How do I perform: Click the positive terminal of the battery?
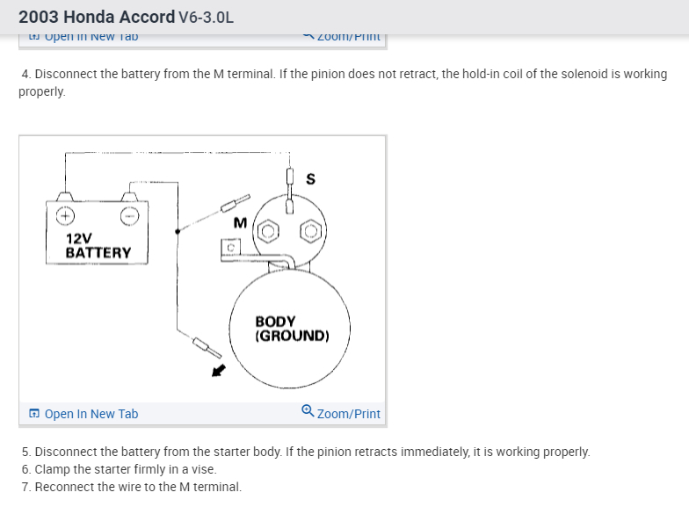(x=65, y=214)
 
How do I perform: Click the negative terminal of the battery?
(x=129, y=214)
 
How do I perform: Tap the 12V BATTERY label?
(x=98, y=245)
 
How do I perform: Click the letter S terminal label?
(x=310, y=179)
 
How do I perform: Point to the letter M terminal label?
(x=240, y=223)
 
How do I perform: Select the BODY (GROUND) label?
(x=292, y=329)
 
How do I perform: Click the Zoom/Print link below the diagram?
(x=348, y=414)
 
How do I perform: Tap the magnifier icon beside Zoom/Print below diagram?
(x=307, y=412)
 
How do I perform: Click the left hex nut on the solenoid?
(x=270, y=233)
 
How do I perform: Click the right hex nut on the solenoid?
(x=310, y=233)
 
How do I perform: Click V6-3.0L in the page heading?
(x=206, y=17)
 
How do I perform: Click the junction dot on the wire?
(x=178, y=231)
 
